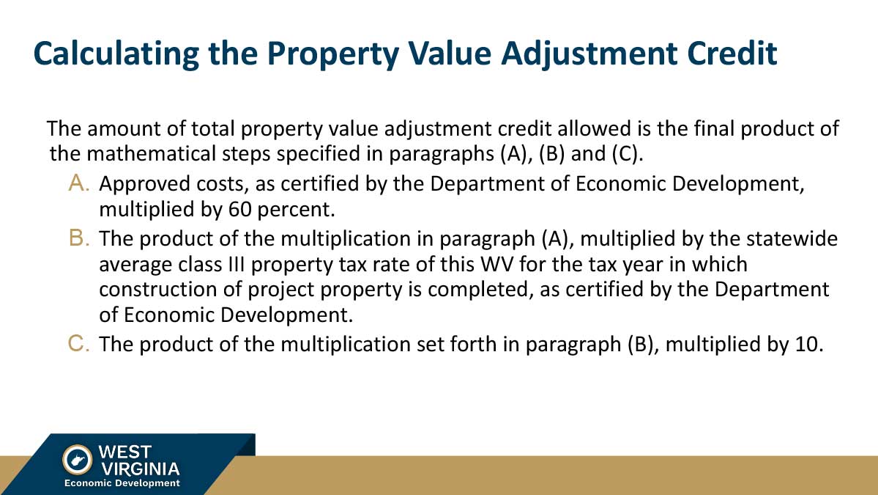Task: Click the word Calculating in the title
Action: (x=116, y=54)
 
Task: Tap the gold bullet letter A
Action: (x=79, y=183)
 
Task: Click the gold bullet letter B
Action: (x=79, y=238)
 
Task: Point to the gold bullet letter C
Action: (x=79, y=343)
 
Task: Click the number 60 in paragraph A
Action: (x=239, y=209)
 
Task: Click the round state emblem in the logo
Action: (x=78, y=460)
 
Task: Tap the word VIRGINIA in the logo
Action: (x=140, y=469)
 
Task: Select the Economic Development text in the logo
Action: (x=122, y=483)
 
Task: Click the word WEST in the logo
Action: (x=125, y=452)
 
